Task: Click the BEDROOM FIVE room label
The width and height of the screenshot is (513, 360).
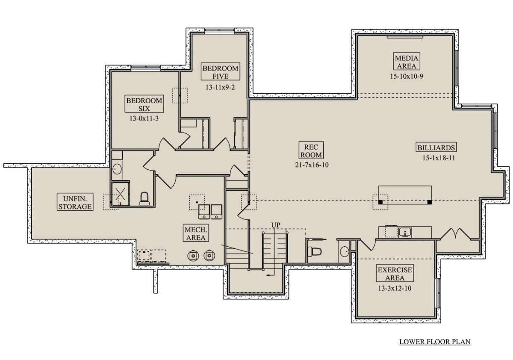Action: (x=220, y=72)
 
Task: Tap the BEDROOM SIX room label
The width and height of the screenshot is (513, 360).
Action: (x=144, y=104)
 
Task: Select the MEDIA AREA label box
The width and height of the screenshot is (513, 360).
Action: (x=407, y=62)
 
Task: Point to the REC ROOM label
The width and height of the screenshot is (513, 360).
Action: (x=311, y=150)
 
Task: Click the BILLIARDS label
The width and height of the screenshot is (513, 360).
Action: (x=436, y=147)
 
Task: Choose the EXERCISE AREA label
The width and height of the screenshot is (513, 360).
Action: (x=395, y=273)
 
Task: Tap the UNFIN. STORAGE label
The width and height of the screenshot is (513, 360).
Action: (x=75, y=202)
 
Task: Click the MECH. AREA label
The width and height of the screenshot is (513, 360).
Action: (x=196, y=233)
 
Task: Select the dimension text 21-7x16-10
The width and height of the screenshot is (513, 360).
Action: (x=312, y=165)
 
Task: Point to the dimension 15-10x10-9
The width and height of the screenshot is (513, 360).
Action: (x=407, y=76)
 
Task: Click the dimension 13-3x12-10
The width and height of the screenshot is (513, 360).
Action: (x=395, y=288)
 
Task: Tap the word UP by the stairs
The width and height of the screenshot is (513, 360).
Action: (x=275, y=225)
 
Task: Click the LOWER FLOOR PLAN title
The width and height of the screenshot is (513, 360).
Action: (x=435, y=342)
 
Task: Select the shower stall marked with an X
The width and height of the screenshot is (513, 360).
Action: (x=121, y=194)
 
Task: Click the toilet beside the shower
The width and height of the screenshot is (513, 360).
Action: (x=144, y=199)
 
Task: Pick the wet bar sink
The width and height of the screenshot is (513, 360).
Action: (x=405, y=232)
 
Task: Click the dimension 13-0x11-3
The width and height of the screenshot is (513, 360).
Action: (x=144, y=118)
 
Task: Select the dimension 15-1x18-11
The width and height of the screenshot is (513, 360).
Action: (x=439, y=158)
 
